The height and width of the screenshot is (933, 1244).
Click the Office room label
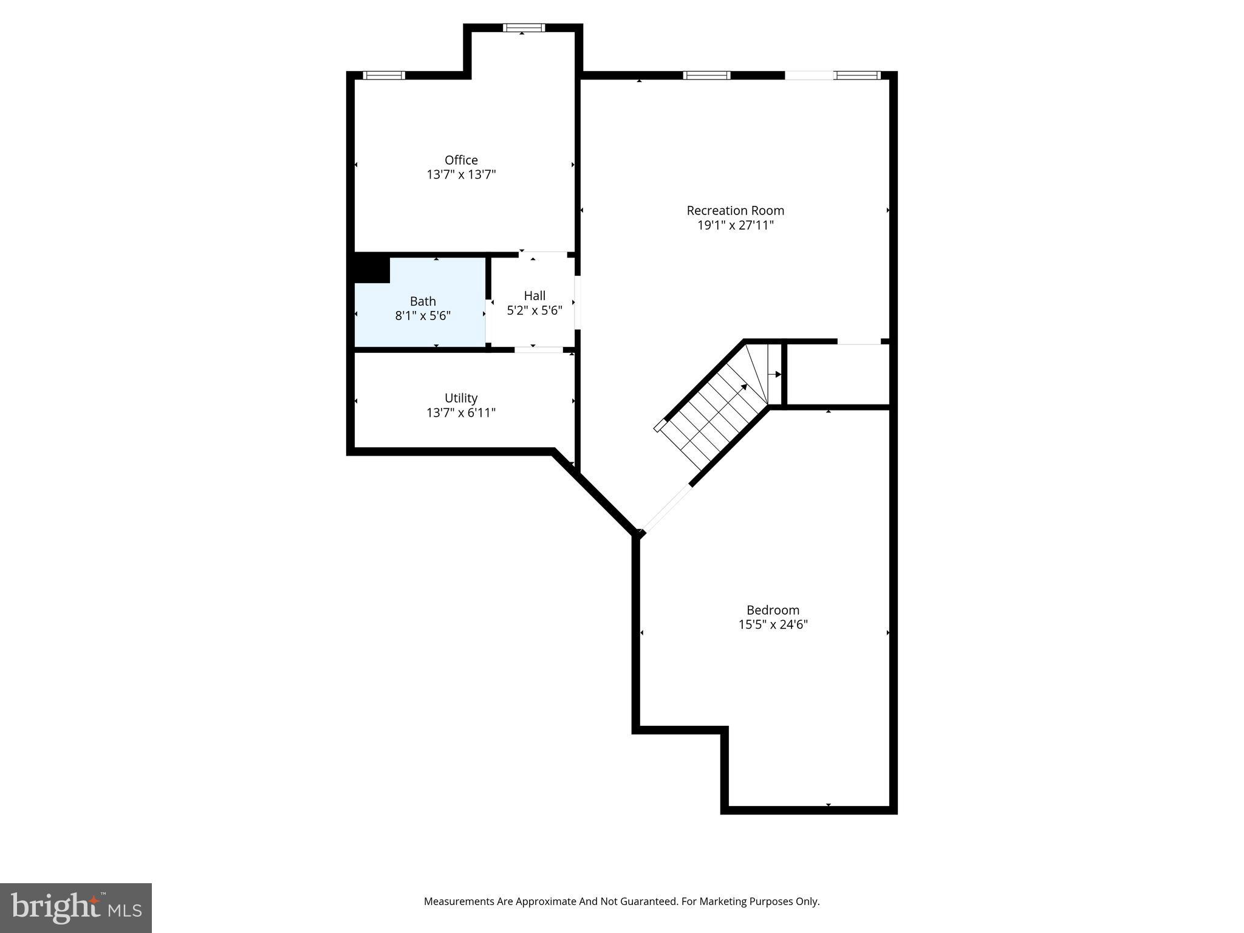pyautogui.click(x=461, y=160)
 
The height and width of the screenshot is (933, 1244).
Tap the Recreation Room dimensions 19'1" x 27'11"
pyautogui.click(x=735, y=225)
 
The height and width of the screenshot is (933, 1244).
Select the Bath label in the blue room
pyautogui.click(x=423, y=301)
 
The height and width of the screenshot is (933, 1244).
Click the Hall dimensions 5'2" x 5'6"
pyautogui.click(x=535, y=310)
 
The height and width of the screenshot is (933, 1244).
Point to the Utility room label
pyautogui.click(x=461, y=398)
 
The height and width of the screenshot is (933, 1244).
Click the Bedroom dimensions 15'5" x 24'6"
pyautogui.click(x=773, y=624)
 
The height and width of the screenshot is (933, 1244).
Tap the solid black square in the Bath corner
pyautogui.click(x=372, y=268)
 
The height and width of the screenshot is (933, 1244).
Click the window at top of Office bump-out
pyautogui.click(x=524, y=27)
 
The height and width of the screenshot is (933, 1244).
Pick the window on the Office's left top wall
pyautogui.click(x=384, y=75)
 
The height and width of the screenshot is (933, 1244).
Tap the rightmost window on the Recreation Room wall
pyautogui.click(x=857, y=75)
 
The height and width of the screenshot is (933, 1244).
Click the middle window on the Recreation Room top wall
pyautogui.click(x=706, y=75)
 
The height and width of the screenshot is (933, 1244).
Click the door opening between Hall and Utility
pyautogui.click(x=539, y=350)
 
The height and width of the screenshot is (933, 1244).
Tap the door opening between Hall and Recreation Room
pyautogui.click(x=578, y=302)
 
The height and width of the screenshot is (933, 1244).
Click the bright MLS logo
pyautogui.click(x=76, y=908)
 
